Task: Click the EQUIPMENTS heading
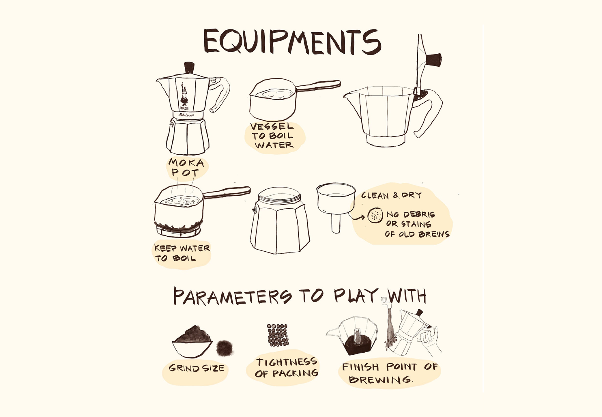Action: (x=292, y=42)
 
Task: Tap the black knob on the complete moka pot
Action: (x=189, y=68)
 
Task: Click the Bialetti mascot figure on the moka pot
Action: (x=184, y=94)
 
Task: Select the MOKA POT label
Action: (x=186, y=167)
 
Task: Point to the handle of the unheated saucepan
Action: (x=317, y=85)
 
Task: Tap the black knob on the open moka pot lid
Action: (x=433, y=60)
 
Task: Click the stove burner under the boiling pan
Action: (x=178, y=230)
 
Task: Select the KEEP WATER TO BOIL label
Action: (x=182, y=253)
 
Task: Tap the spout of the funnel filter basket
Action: (x=336, y=223)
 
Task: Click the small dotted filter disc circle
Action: (x=375, y=215)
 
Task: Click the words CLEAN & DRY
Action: (x=391, y=195)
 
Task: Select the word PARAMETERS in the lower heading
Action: (x=233, y=296)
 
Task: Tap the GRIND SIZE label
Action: (x=197, y=368)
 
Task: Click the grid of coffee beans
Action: (x=278, y=335)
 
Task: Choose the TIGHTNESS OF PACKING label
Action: (x=287, y=368)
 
